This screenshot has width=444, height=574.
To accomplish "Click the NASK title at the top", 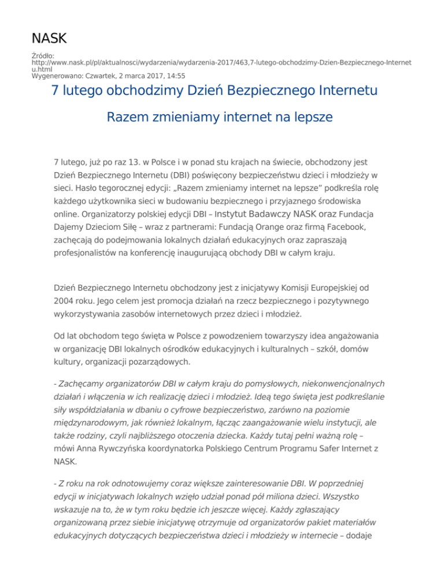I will point(49,39).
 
